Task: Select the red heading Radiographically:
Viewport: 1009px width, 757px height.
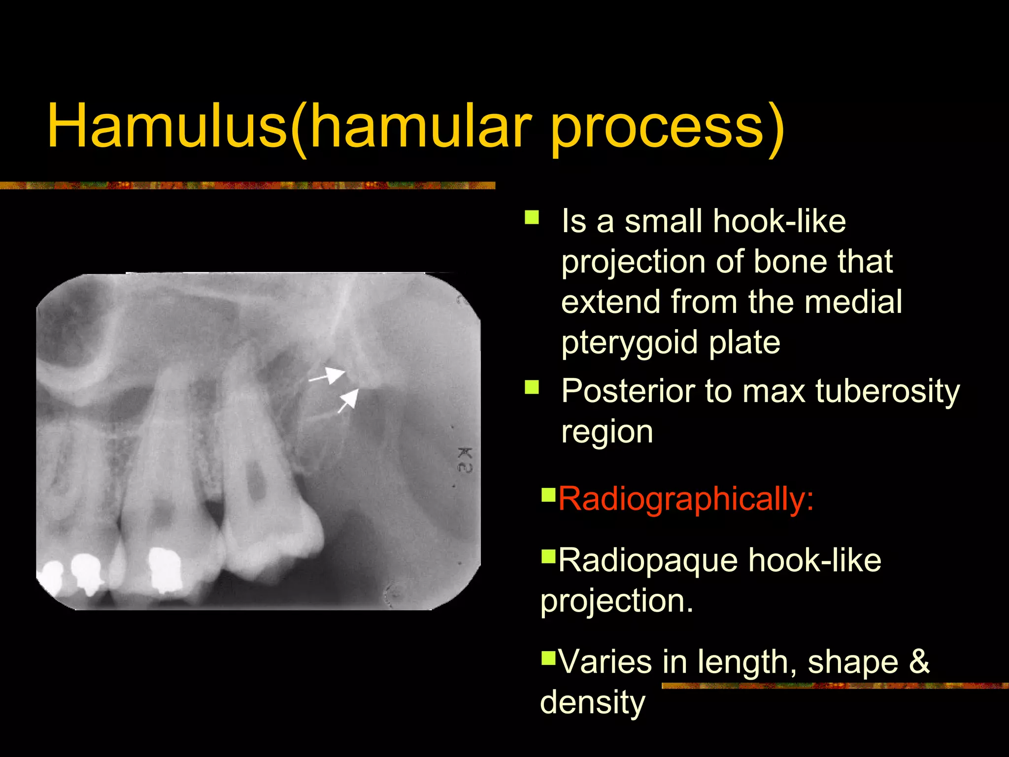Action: pyautogui.click(x=685, y=499)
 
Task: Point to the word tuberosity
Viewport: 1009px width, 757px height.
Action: pyautogui.click(x=887, y=391)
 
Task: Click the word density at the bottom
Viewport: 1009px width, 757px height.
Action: pyautogui.click(x=592, y=702)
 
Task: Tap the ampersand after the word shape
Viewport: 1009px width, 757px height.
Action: pyautogui.click(x=919, y=661)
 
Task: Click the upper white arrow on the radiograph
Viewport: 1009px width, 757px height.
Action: pyautogui.click(x=328, y=376)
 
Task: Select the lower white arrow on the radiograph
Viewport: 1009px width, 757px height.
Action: pyautogui.click(x=348, y=400)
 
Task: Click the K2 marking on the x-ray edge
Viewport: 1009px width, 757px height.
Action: pyautogui.click(x=465, y=460)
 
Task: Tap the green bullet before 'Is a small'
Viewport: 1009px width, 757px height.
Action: pyautogui.click(x=532, y=217)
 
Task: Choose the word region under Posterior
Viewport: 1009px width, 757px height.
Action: pyautogui.click(x=607, y=432)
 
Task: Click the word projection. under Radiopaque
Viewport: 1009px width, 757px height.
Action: pyautogui.click(x=616, y=601)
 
